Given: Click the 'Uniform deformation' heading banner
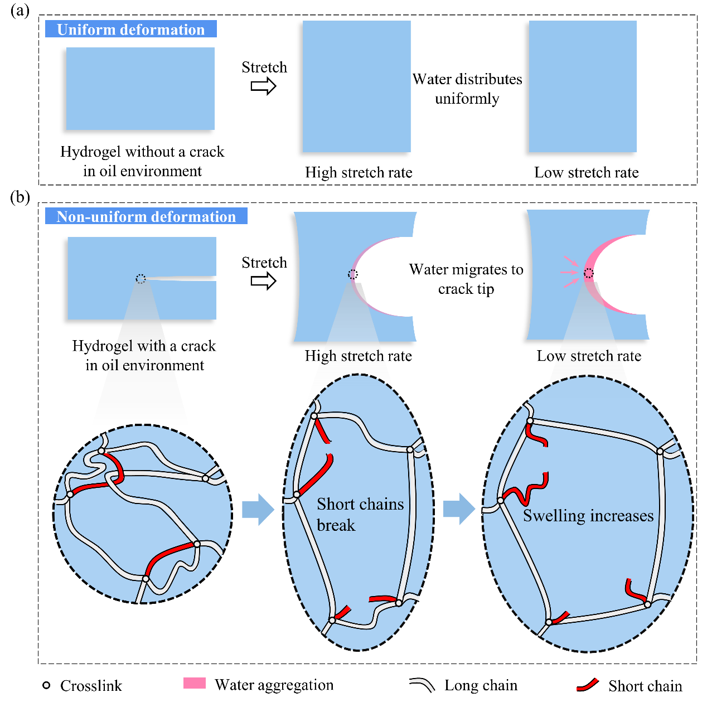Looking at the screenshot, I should coord(130,30).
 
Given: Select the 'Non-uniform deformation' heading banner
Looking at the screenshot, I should coord(146,216).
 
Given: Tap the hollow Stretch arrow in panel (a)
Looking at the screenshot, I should coord(263,86).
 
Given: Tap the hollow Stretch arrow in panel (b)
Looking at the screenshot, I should coord(263,282).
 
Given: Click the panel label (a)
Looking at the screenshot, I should coord(20,11).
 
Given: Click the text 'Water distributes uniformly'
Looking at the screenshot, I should coord(467,89).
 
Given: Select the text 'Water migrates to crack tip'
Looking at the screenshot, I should coord(466,279).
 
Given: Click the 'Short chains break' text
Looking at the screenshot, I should coord(360,514).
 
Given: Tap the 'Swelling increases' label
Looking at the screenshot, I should coord(588,516).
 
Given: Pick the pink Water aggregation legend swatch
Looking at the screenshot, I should coord(195,683).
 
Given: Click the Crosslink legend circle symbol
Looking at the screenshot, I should coord(47,685).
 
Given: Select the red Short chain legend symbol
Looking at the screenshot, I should coord(588,685).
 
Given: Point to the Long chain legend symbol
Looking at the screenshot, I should coord(422,685).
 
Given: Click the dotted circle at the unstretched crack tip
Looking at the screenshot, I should coord(141,279).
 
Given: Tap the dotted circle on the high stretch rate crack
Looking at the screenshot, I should coord(353,274).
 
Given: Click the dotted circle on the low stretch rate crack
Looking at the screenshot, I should coord(589,273).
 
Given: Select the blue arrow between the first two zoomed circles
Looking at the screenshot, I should coord(258,509).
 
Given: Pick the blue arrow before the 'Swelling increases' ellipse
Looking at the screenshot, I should coord(459,509).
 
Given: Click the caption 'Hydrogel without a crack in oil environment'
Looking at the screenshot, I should coord(142,161).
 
